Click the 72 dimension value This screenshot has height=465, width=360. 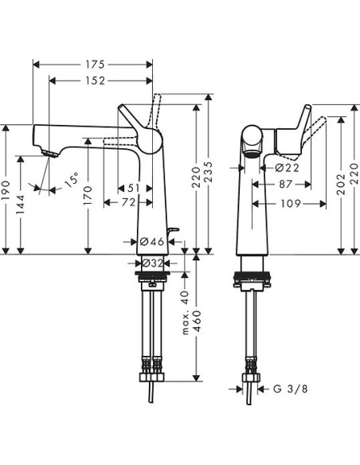click(127, 204)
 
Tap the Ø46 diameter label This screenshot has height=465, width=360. click(151, 241)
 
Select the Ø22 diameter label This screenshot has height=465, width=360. click(264, 168)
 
